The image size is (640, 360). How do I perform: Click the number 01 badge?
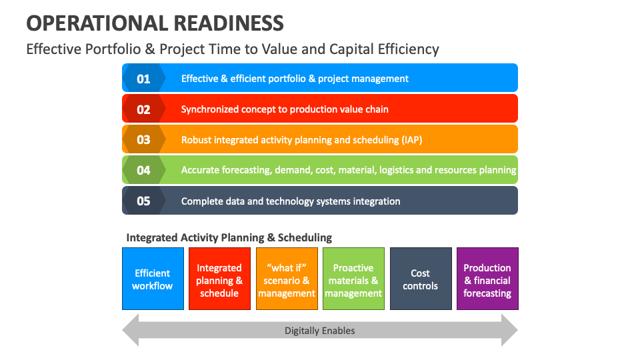(143, 79)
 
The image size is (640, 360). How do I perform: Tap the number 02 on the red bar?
(143, 109)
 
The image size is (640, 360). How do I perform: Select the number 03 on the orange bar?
(143, 140)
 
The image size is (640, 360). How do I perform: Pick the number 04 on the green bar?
(143, 170)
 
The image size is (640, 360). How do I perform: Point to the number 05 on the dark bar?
(143, 201)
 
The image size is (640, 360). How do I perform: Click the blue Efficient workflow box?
(153, 279)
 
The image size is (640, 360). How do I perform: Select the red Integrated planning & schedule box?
(219, 279)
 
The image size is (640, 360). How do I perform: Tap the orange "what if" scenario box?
(287, 279)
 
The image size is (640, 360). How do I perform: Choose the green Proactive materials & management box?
(353, 279)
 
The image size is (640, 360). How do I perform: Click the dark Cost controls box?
(421, 279)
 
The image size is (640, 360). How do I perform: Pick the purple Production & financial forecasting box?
(487, 279)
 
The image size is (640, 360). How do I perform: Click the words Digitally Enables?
(320, 331)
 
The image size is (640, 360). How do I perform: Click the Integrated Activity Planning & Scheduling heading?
(229, 237)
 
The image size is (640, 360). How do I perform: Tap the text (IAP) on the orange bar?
(411, 140)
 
